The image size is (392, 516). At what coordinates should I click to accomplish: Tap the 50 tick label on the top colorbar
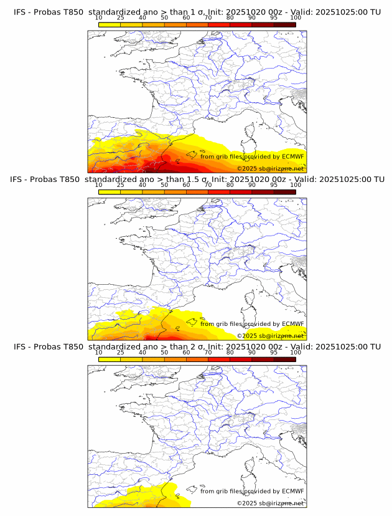pyautogui.click(x=164, y=17)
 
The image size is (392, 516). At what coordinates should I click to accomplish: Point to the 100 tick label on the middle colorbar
pyautogui.click(x=296, y=185)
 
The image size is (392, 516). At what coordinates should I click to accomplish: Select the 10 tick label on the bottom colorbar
pyautogui.click(x=99, y=352)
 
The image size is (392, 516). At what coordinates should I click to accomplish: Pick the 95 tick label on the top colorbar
pyautogui.click(x=274, y=17)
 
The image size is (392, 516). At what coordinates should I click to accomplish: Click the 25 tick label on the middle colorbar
pyautogui.click(x=121, y=185)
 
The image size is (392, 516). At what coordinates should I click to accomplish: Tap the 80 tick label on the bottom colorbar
pyautogui.click(x=230, y=352)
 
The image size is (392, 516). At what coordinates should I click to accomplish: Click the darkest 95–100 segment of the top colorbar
pyautogui.click(x=284, y=24)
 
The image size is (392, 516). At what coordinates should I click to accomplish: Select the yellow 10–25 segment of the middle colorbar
pyautogui.click(x=110, y=191)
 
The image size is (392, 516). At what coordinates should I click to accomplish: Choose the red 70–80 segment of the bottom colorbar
pyautogui.click(x=219, y=359)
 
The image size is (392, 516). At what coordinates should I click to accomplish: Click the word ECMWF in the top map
pyautogui.click(x=292, y=156)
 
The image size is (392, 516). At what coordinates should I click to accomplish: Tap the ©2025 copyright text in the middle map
pyautogui.click(x=246, y=336)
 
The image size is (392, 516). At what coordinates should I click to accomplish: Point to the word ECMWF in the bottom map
pyautogui.click(x=292, y=491)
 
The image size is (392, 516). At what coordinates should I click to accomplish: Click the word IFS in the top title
pyautogui.click(x=20, y=12)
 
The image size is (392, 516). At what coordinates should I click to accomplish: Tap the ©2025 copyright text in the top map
pyautogui.click(x=246, y=169)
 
